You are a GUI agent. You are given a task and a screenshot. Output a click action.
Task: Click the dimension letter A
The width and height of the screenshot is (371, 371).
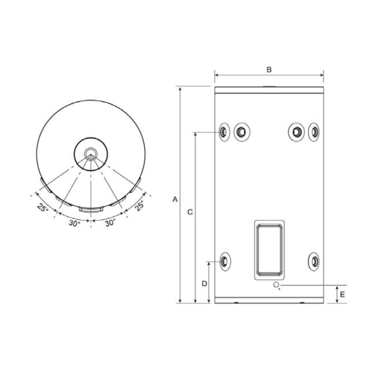[175, 200]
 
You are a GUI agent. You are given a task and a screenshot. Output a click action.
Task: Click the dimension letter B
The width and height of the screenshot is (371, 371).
[269, 70]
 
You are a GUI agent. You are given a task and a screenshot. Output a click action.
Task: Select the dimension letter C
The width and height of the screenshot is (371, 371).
[190, 212]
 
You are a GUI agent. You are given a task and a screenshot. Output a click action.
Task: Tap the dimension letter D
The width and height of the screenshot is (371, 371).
[204, 283]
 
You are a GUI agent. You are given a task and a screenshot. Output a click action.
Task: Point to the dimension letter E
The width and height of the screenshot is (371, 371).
[342, 295]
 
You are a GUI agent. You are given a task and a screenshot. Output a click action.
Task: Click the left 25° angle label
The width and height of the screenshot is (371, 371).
[43, 207]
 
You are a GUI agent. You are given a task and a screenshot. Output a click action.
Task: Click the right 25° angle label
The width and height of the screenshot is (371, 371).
[139, 205]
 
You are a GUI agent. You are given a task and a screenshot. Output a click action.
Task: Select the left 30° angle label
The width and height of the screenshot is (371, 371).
[75, 223]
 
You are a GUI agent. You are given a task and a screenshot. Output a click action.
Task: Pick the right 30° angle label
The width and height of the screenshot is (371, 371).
[110, 222]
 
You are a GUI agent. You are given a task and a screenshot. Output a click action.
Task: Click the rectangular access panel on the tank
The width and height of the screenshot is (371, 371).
[269, 250]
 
